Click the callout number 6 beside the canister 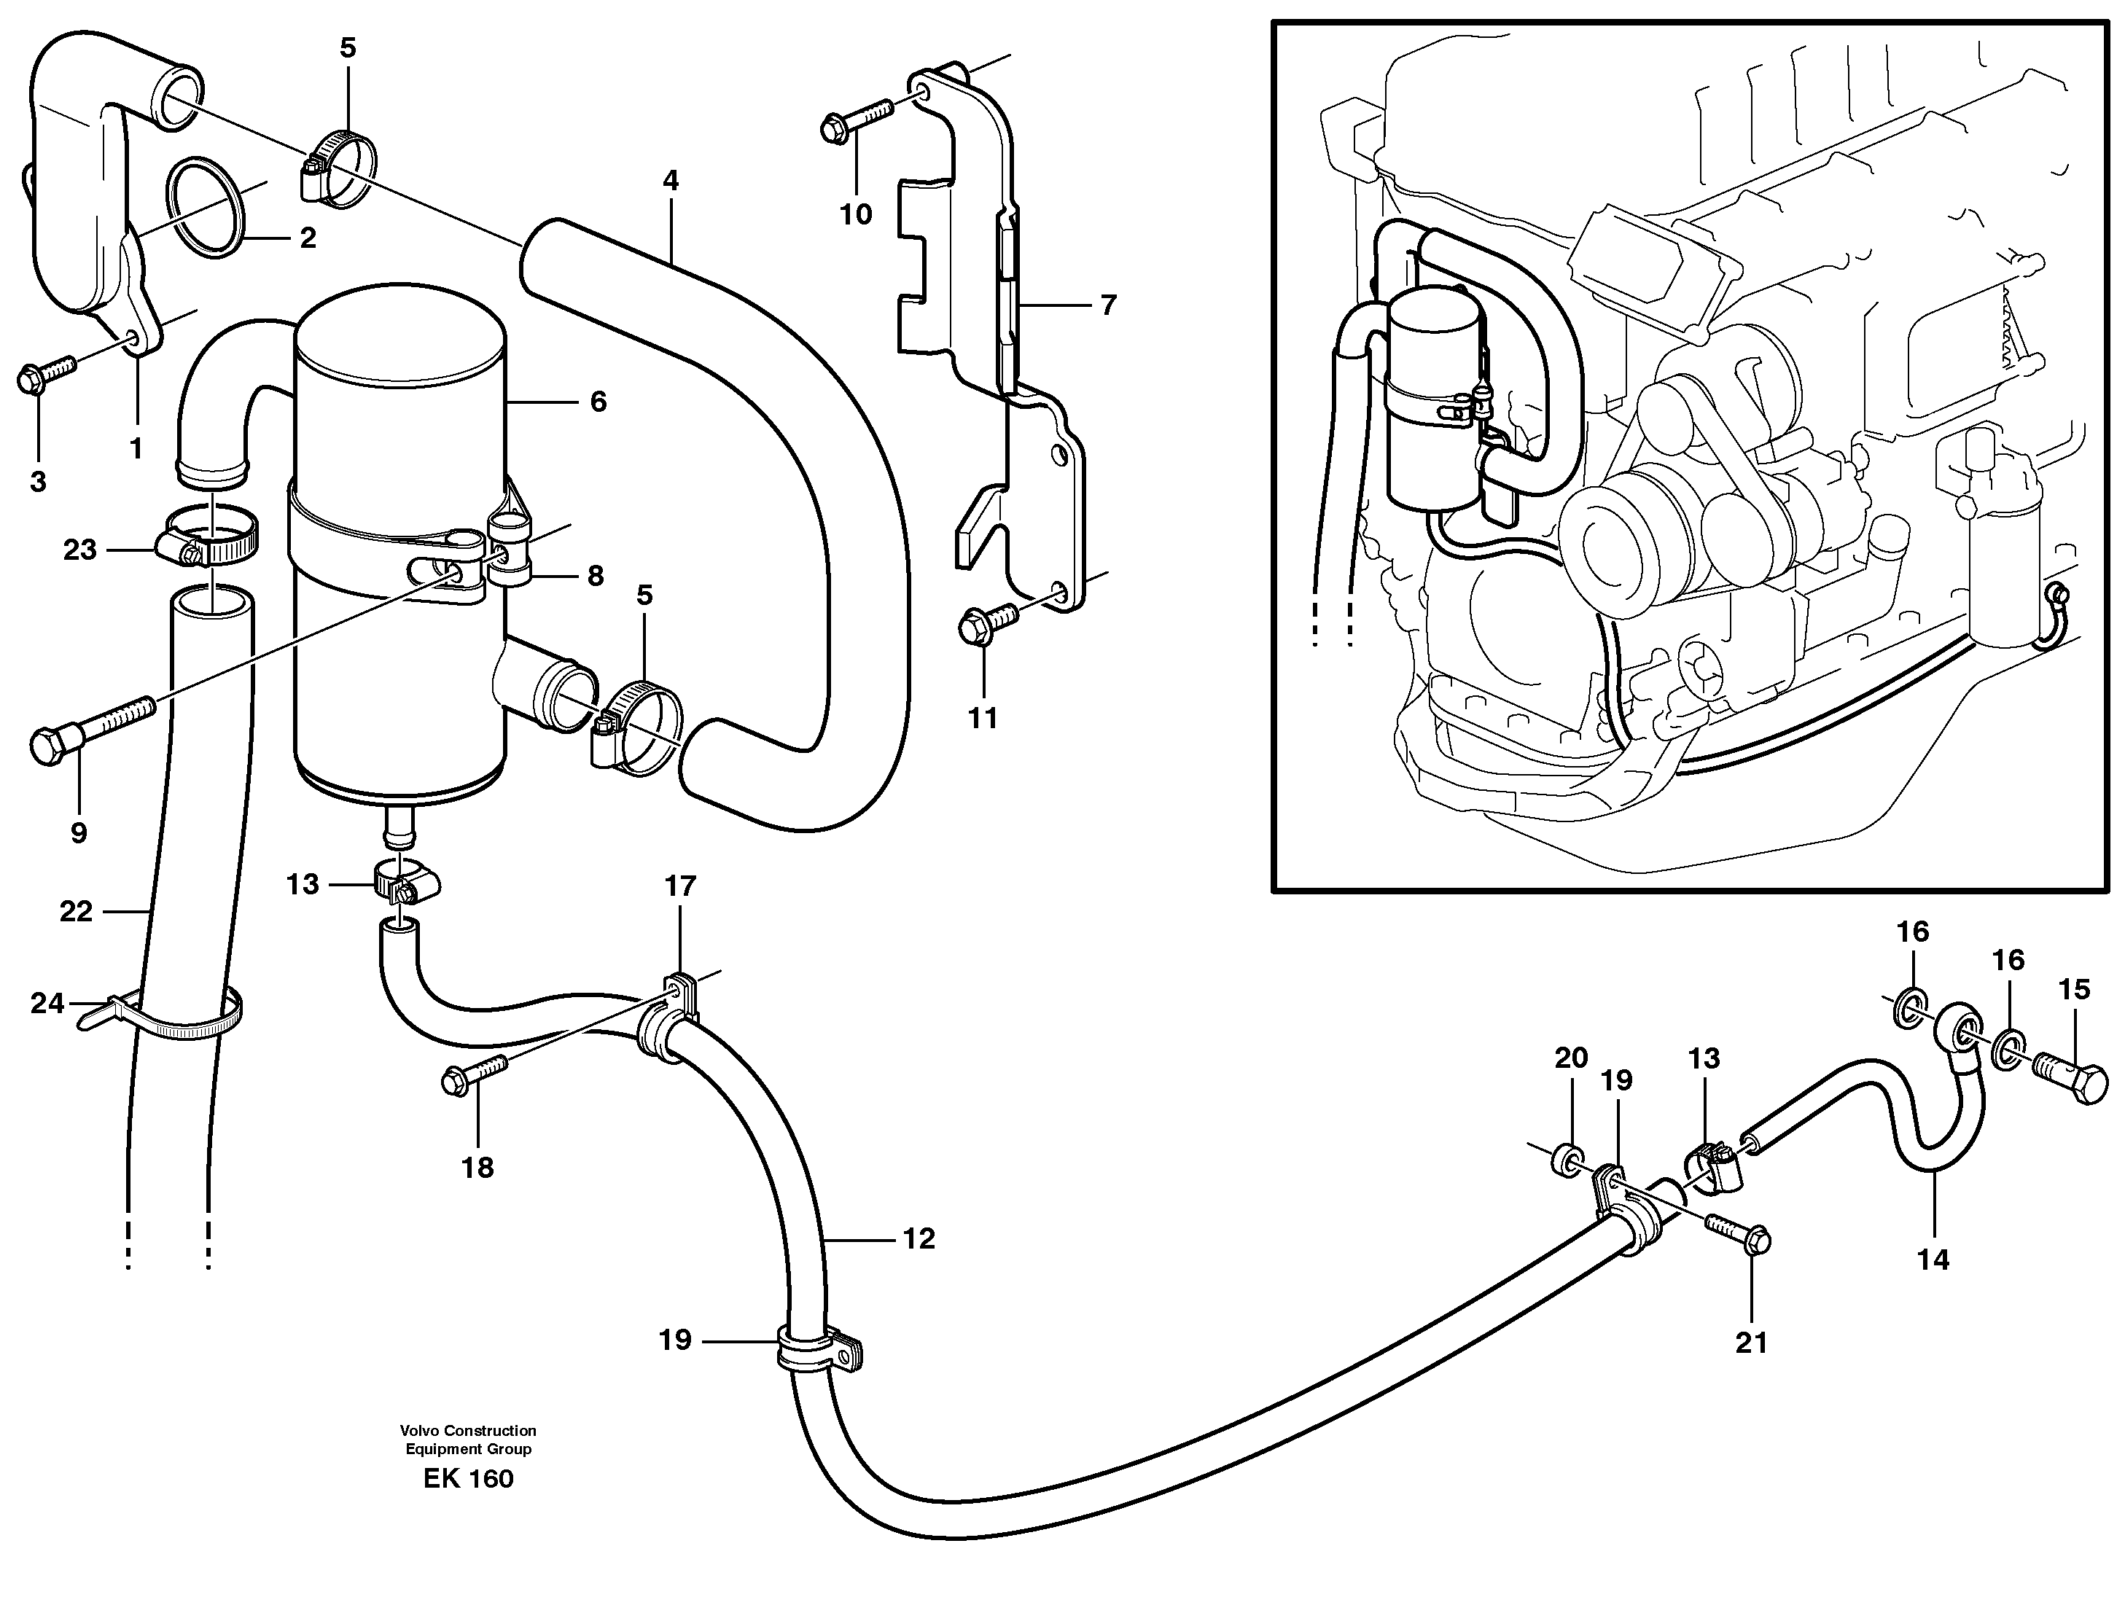tap(598, 402)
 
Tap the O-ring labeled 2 tap(206, 208)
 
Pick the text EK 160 tap(468, 1478)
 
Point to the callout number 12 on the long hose tap(919, 1239)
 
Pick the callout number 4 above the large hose tap(670, 181)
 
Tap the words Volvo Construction tap(468, 1431)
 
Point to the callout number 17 tap(680, 886)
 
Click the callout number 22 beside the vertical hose tap(76, 911)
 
